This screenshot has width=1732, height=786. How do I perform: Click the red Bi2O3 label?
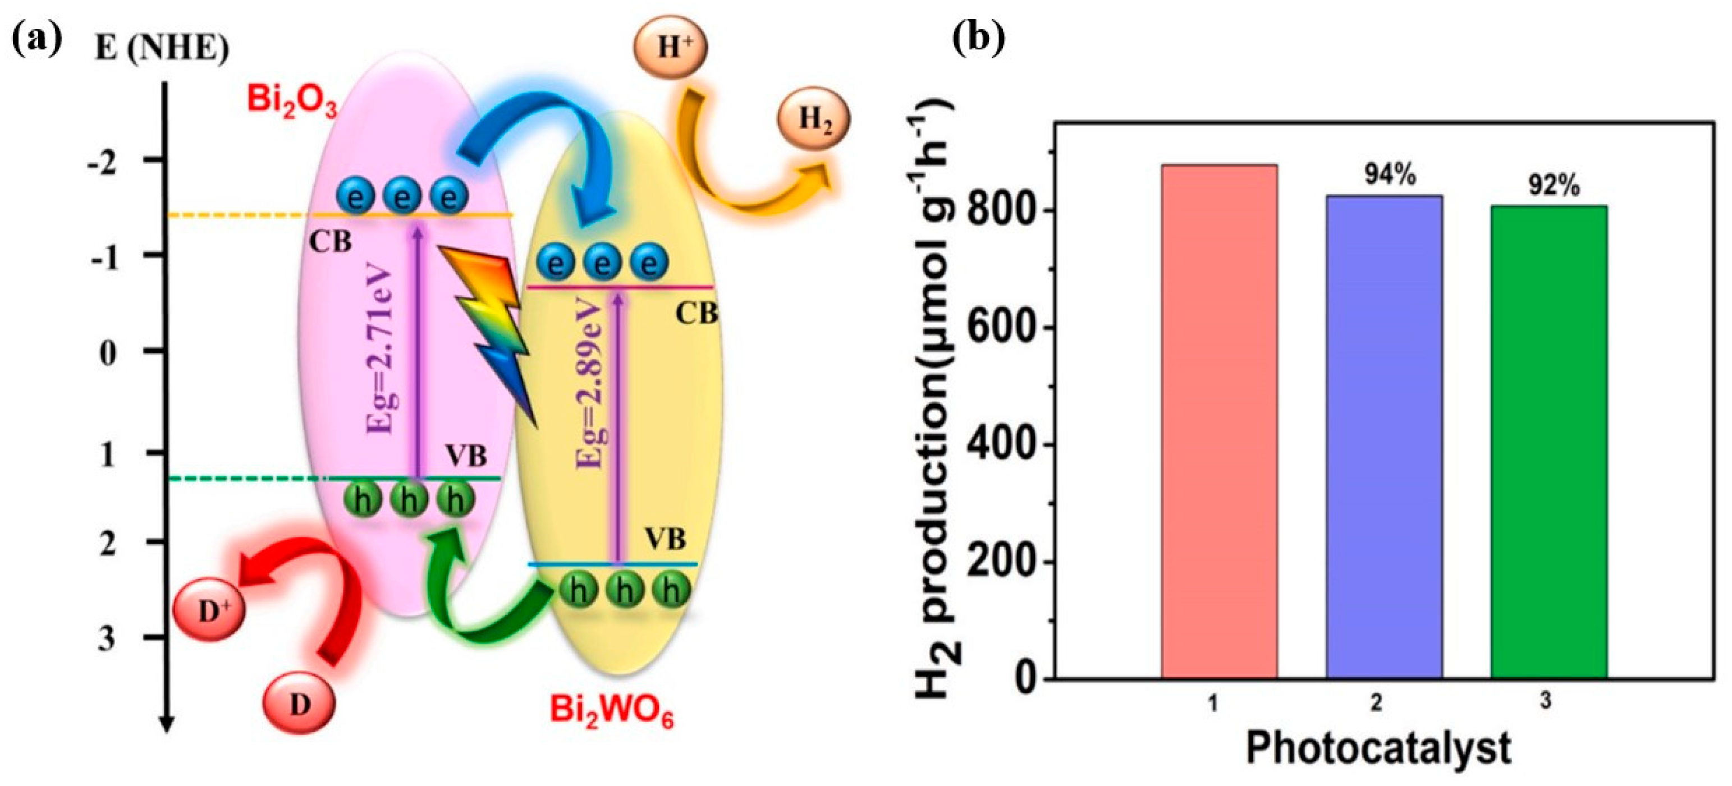click(x=292, y=102)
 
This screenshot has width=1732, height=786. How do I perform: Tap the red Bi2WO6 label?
click(x=611, y=711)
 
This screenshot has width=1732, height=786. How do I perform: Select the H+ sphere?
click(x=670, y=48)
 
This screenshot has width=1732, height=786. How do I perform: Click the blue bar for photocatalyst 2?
click(x=1383, y=437)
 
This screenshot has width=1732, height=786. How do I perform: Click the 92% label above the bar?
click(x=1555, y=186)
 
